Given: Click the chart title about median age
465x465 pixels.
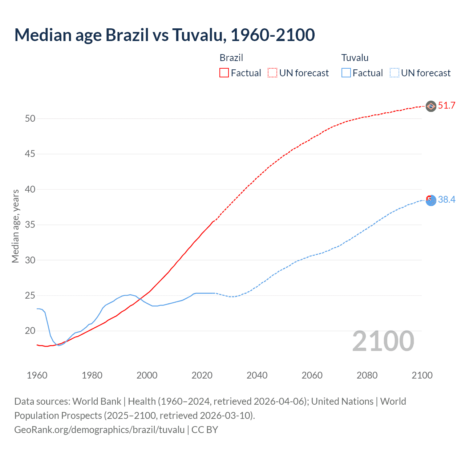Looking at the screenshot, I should [165, 35].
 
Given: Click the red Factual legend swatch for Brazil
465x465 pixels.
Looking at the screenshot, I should [224, 73].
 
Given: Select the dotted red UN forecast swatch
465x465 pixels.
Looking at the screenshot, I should [272, 73].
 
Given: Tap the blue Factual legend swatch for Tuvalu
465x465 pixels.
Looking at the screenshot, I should [346, 73].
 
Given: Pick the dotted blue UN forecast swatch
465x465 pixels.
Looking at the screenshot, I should [395, 73].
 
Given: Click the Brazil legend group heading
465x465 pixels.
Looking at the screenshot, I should [231, 58].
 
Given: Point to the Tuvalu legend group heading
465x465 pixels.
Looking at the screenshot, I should [355, 58].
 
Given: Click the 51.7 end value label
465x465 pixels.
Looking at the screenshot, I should [446, 106].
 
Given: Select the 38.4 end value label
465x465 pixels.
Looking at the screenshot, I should [446, 199].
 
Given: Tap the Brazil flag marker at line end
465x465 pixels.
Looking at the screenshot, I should [431, 106].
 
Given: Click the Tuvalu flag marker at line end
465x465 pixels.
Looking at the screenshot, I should [431, 200].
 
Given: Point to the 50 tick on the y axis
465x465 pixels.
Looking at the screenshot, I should [30, 118].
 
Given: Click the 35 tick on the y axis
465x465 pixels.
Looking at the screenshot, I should [30, 225].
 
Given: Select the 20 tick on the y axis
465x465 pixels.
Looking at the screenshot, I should [30, 331].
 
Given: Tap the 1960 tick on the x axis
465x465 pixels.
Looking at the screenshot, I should [37, 375].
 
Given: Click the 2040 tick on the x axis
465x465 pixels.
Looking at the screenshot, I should [257, 375].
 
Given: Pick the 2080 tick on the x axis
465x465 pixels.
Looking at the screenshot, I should [367, 375].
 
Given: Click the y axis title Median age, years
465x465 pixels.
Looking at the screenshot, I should [15, 226].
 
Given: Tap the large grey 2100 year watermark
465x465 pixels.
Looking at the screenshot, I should [383, 341].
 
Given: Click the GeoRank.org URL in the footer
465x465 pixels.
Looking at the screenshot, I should [100, 430].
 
